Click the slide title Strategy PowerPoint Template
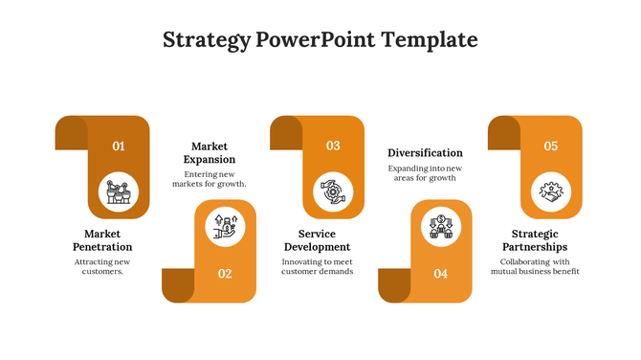pos(320,40)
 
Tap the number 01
pos(119,146)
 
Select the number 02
pos(225,274)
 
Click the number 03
pos(333,146)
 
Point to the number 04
pos(440,274)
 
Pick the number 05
pos(551,146)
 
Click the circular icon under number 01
pos(119,191)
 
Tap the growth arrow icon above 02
pos(226,226)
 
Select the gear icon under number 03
pos(333,191)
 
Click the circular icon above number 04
pos(441,226)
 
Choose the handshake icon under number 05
pos(551,191)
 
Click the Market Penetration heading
pos(101,240)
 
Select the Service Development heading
pos(317,240)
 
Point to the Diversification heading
pos(425,152)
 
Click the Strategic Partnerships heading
pos(534,240)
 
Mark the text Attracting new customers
pos(101,266)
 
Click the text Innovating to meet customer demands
pos(317,266)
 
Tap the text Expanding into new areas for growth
pos(425,173)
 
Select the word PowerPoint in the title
pos(315,40)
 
